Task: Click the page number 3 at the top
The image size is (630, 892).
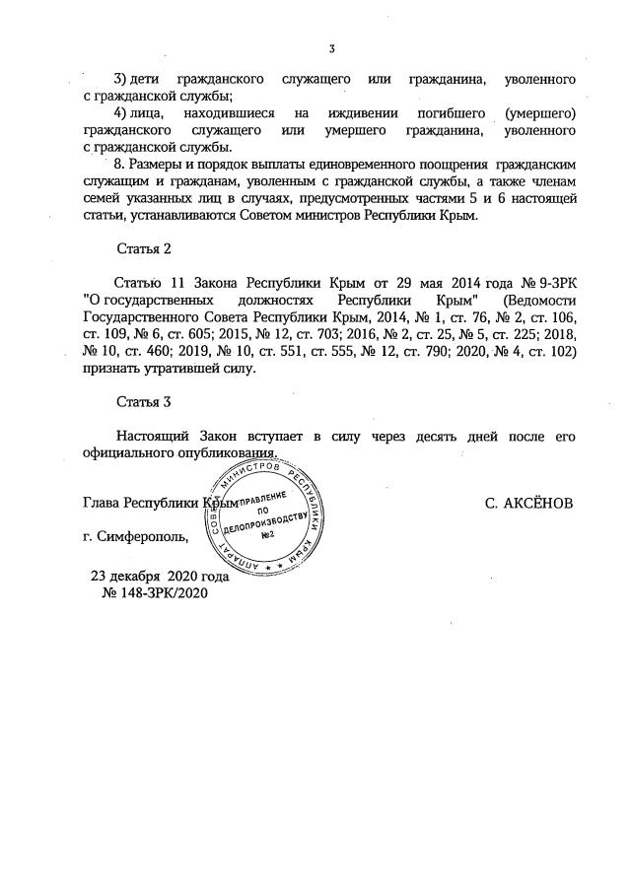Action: point(331,49)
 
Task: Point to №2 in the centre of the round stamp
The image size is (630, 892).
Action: point(265,533)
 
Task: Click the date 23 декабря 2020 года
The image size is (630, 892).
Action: point(160,577)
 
